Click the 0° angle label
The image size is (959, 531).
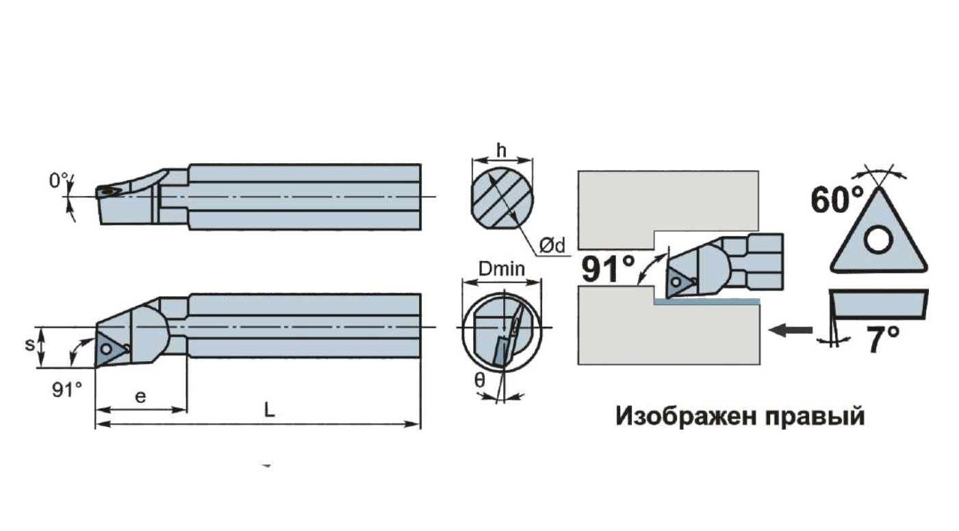(x=59, y=180)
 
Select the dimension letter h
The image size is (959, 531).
(x=501, y=151)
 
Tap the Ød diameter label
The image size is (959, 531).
(x=552, y=245)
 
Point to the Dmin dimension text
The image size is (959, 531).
(x=502, y=269)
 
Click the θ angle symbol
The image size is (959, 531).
(x=480, y=380)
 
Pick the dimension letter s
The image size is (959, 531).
(x=29, y=344)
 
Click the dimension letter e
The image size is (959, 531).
(x=140, y=397)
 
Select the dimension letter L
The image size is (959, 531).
(x=269, y=410)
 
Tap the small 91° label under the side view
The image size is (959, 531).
(x=67, y=390)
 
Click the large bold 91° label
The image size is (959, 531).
(x=608, y=269)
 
